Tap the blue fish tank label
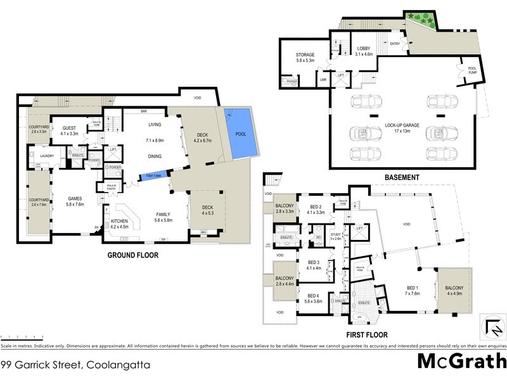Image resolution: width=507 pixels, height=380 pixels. click(153, 175)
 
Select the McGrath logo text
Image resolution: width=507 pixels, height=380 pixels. click(461, 362)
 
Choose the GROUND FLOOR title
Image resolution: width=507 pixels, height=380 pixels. click(132, 256)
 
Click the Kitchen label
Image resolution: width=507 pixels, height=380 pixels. click(120, 222)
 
